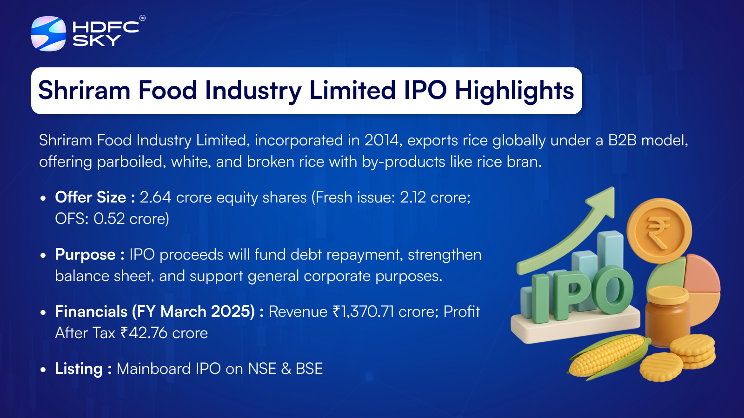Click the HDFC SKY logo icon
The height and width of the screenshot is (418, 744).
pos(48,33)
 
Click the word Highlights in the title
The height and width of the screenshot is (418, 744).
pos(514,91)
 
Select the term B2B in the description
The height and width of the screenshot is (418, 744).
pos(622,140)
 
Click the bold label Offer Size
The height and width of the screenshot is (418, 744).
pos(90,197)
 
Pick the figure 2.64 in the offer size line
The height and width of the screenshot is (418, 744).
pos(155,197)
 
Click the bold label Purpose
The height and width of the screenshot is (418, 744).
pos(85,255)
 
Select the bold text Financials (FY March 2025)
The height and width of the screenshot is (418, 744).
pos(155,312)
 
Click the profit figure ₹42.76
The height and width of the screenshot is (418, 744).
pos(144,333)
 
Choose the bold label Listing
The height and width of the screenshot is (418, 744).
pos(79,369)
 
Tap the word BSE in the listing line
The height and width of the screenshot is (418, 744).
pos(309,369)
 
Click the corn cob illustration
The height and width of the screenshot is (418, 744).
pos(607,355)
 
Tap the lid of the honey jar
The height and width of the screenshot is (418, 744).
pos(668,294)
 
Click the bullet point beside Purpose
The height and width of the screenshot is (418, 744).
pos(43,255)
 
